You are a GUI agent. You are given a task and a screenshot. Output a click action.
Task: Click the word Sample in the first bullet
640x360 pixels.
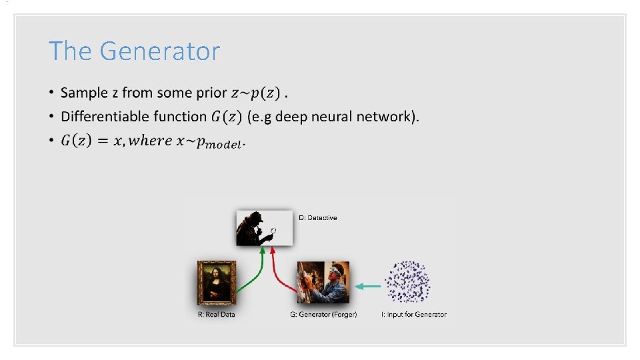pos(83,93)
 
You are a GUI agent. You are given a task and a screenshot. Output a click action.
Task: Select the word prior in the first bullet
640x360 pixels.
pos(211,93)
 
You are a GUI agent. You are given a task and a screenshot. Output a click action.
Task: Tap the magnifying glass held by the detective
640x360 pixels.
pos(273,231)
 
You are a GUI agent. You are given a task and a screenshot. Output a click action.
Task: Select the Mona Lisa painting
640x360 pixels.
pos(217,283)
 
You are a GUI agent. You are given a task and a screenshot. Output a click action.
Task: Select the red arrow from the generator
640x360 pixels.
pos(280,270)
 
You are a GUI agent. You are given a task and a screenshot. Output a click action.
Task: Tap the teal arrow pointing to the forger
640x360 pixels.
pos(367,287)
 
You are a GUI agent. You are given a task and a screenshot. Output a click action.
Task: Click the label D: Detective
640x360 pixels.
pos(318,218)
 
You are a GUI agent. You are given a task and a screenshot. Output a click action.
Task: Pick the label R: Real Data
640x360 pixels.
pos(217,315)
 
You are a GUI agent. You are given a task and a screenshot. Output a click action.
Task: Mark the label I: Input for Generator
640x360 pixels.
pos(414,315)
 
